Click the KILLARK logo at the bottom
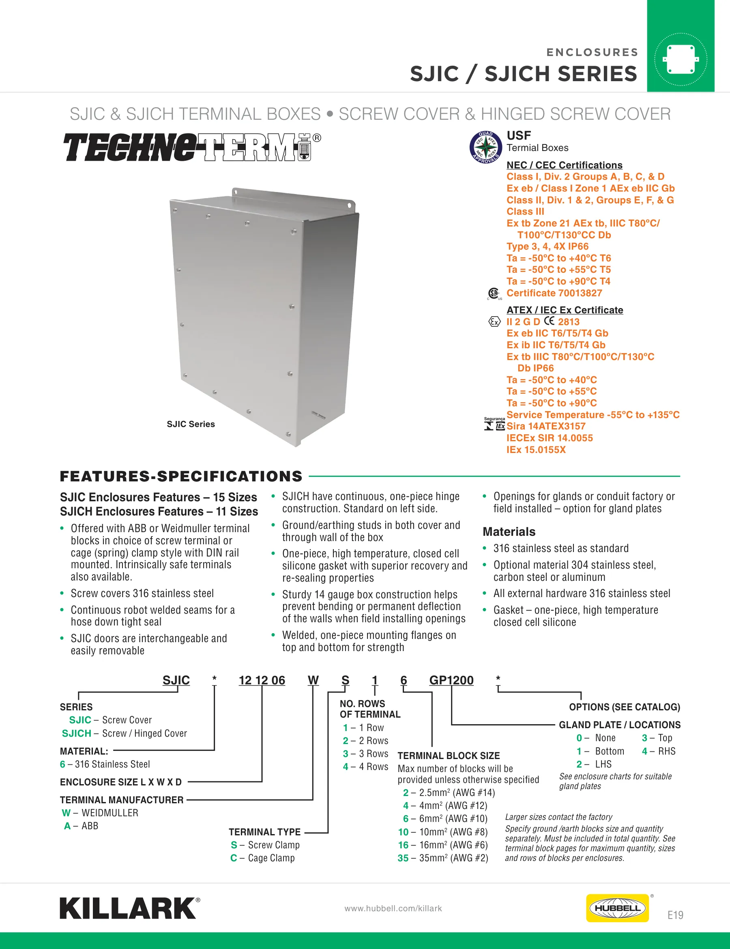(x=130, y=908)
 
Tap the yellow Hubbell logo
(x=617, y=908)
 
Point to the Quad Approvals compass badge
(x=486, y=147)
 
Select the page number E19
(x=675, y=915)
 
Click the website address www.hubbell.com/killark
(x=393, y=908)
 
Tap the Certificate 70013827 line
(x=554, y=293)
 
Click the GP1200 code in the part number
(x=451, y=680)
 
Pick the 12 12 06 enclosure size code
(x=262, y=680)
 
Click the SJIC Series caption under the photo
(x=191, y=424)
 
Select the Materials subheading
(x=509, y=532)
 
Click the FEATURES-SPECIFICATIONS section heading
(x=181, y=476)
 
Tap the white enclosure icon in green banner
(x=681, y=59)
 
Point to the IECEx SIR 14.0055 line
(x=550, y=438)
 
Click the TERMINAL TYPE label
(x=264, y=832)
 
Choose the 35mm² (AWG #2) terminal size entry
(x=443, y=858)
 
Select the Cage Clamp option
(x=262, y=858)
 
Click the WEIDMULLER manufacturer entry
(x=100, y=813)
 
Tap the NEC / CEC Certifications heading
(x=564, y=165)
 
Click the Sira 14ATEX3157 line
(x=546, y=426)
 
